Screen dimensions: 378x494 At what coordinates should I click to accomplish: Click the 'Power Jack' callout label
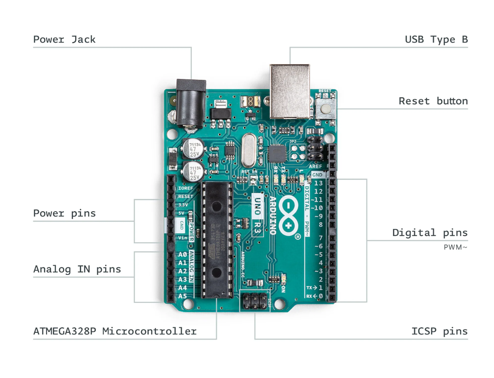point(65,40)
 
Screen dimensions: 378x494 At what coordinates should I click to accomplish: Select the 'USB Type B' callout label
point(436,40)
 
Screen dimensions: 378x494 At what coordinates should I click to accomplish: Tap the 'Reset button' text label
point(433,101)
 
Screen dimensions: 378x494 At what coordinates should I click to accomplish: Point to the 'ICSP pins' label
point(440,332)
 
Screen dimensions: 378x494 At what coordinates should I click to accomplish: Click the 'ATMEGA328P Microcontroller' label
point(115,331)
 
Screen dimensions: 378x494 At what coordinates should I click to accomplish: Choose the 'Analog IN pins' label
point(77,269)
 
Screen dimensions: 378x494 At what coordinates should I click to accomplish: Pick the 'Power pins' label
point(65,213)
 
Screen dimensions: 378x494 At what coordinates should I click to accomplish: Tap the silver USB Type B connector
point(290,90)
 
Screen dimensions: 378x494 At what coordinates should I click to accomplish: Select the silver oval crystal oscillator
point(249,150)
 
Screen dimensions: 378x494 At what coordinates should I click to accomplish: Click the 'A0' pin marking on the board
point(182,255)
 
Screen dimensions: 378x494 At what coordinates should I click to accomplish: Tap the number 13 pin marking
point(318,183)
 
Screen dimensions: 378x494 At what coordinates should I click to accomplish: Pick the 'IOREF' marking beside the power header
point(185,188)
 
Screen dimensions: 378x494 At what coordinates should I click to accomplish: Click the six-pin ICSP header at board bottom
point(255,301)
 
